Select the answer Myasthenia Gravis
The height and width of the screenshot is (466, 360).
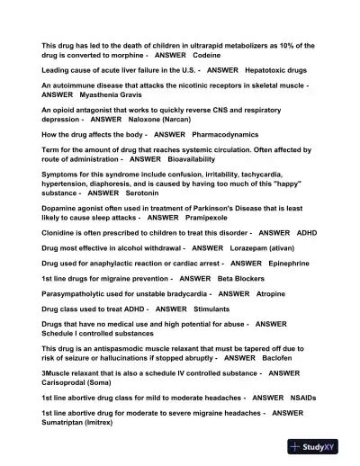point(112,94)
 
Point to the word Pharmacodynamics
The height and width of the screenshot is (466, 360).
point(199,134)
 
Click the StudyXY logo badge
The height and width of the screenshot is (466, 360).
point(319,446)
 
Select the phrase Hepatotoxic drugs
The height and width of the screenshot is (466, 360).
point(275,70)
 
